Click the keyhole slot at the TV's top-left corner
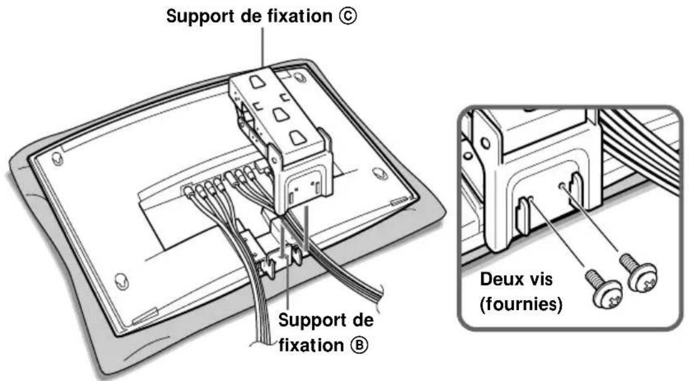56,157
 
